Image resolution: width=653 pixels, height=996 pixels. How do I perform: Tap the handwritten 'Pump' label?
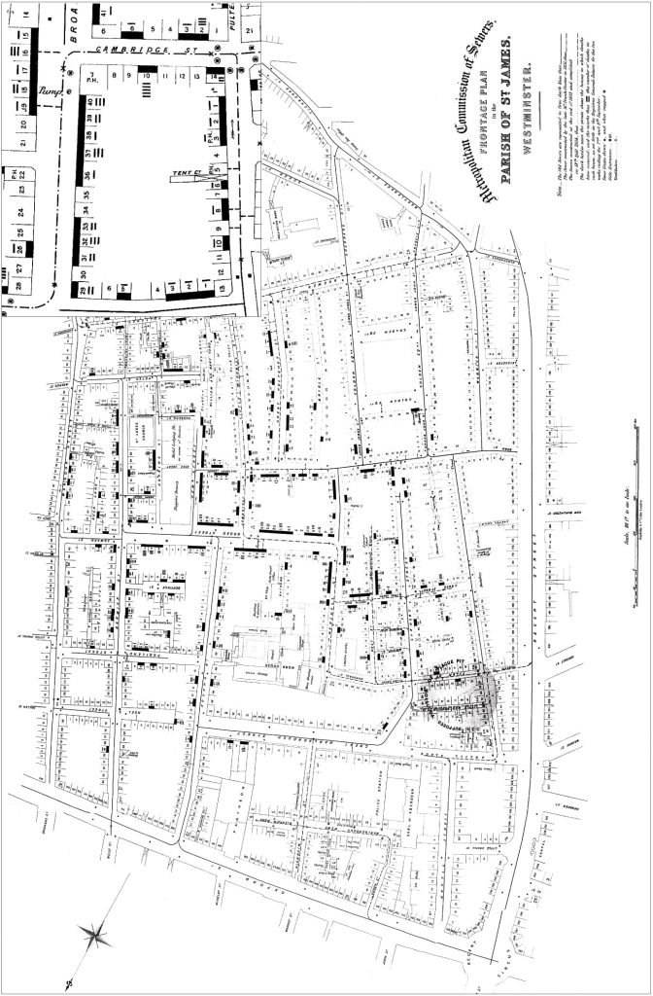tap(49, 92)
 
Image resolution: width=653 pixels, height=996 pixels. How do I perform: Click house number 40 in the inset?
tap(89, 101)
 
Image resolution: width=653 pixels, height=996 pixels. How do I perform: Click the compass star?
tap(96, 936)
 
